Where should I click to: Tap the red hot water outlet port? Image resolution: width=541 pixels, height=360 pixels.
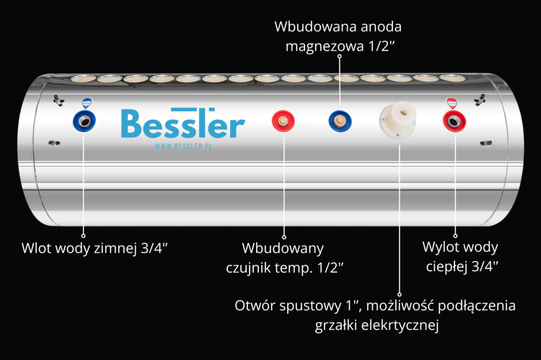pos(454,121)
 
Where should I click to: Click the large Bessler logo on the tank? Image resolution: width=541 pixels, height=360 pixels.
pos(182,123)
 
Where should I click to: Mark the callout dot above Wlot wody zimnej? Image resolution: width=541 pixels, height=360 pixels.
pos(83,234)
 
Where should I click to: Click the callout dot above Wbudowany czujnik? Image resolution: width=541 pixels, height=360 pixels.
pos(283,234)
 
